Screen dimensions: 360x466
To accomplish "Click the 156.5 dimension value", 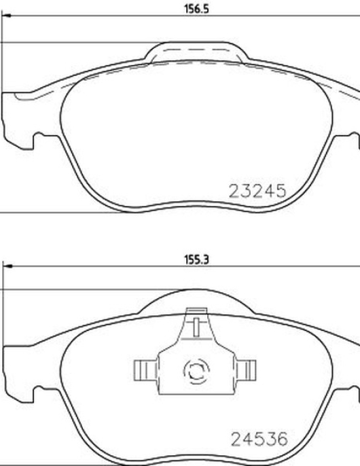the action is [197, 9].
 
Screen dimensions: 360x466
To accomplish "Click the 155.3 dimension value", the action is [197, 260].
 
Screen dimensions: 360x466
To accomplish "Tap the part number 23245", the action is [257, 191].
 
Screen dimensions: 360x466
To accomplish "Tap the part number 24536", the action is [259, 439].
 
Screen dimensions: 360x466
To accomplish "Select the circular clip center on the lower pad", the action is [196, 371].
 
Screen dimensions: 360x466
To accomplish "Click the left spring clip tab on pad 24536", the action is [145, 370].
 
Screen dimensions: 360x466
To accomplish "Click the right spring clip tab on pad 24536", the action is [246, 370].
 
